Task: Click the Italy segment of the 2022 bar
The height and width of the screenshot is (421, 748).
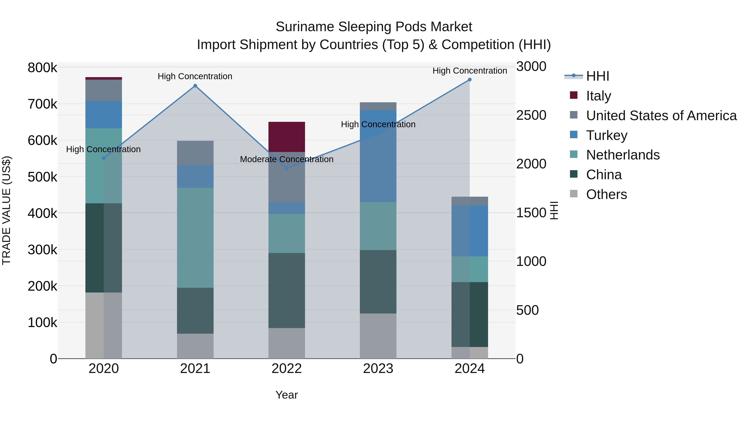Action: (x=287, y=137)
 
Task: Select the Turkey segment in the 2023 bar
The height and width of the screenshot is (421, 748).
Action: (x=378, y=156)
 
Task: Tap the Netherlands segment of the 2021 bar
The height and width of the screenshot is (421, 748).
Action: (x=195, y=238)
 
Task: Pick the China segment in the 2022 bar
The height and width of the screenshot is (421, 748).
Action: (x=287, y=291)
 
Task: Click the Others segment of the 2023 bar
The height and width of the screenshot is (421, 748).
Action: (x=378, y=336)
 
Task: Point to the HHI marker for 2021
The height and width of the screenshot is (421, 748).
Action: (x=195, y=86)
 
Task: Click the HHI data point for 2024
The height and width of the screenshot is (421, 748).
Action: (x=470, y=80)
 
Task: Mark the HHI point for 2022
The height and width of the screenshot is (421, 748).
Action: (x=287, y=168)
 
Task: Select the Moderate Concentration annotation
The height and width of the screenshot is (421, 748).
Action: (x=287, y=159)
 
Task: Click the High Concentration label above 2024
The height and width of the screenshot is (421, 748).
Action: (x=470, y=71)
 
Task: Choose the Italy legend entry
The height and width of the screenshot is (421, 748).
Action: (x=598, y=96)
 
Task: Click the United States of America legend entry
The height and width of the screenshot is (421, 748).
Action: (x=661, y=115)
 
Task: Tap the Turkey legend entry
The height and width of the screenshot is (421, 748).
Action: (x=607, y=135)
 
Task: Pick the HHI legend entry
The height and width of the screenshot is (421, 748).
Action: (x=597, y=76)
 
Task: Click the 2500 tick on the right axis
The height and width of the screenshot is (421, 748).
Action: (x=531, y=115)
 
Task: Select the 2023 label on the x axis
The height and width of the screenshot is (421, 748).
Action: (x=378, y=369)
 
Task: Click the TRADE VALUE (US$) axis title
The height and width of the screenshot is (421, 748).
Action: (x=6, y=210)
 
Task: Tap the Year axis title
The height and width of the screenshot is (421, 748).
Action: (x=287, y=395)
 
